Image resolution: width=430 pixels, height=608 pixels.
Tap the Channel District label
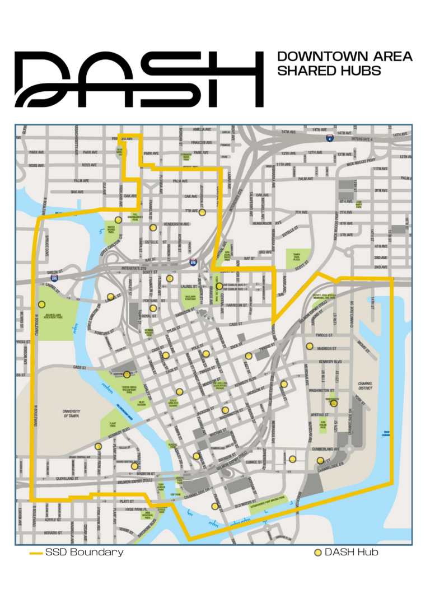tap(365, 387)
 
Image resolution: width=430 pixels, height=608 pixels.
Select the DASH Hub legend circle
tap(318, 553)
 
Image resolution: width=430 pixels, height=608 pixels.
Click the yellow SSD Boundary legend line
tap(36, 553)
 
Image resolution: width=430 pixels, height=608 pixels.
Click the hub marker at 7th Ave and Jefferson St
tap(202, 212)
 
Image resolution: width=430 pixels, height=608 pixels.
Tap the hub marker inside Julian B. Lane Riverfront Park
tap(41, 305)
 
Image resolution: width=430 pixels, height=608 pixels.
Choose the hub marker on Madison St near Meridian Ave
tap(309, 346)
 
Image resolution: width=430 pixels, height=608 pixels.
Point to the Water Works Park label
tap(115, 229)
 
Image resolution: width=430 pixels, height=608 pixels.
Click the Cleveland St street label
tap(73, 479)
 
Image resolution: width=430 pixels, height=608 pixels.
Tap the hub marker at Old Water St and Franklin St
tap(214, 506)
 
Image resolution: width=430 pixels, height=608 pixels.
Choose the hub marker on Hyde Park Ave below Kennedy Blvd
tap(99, 446)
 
